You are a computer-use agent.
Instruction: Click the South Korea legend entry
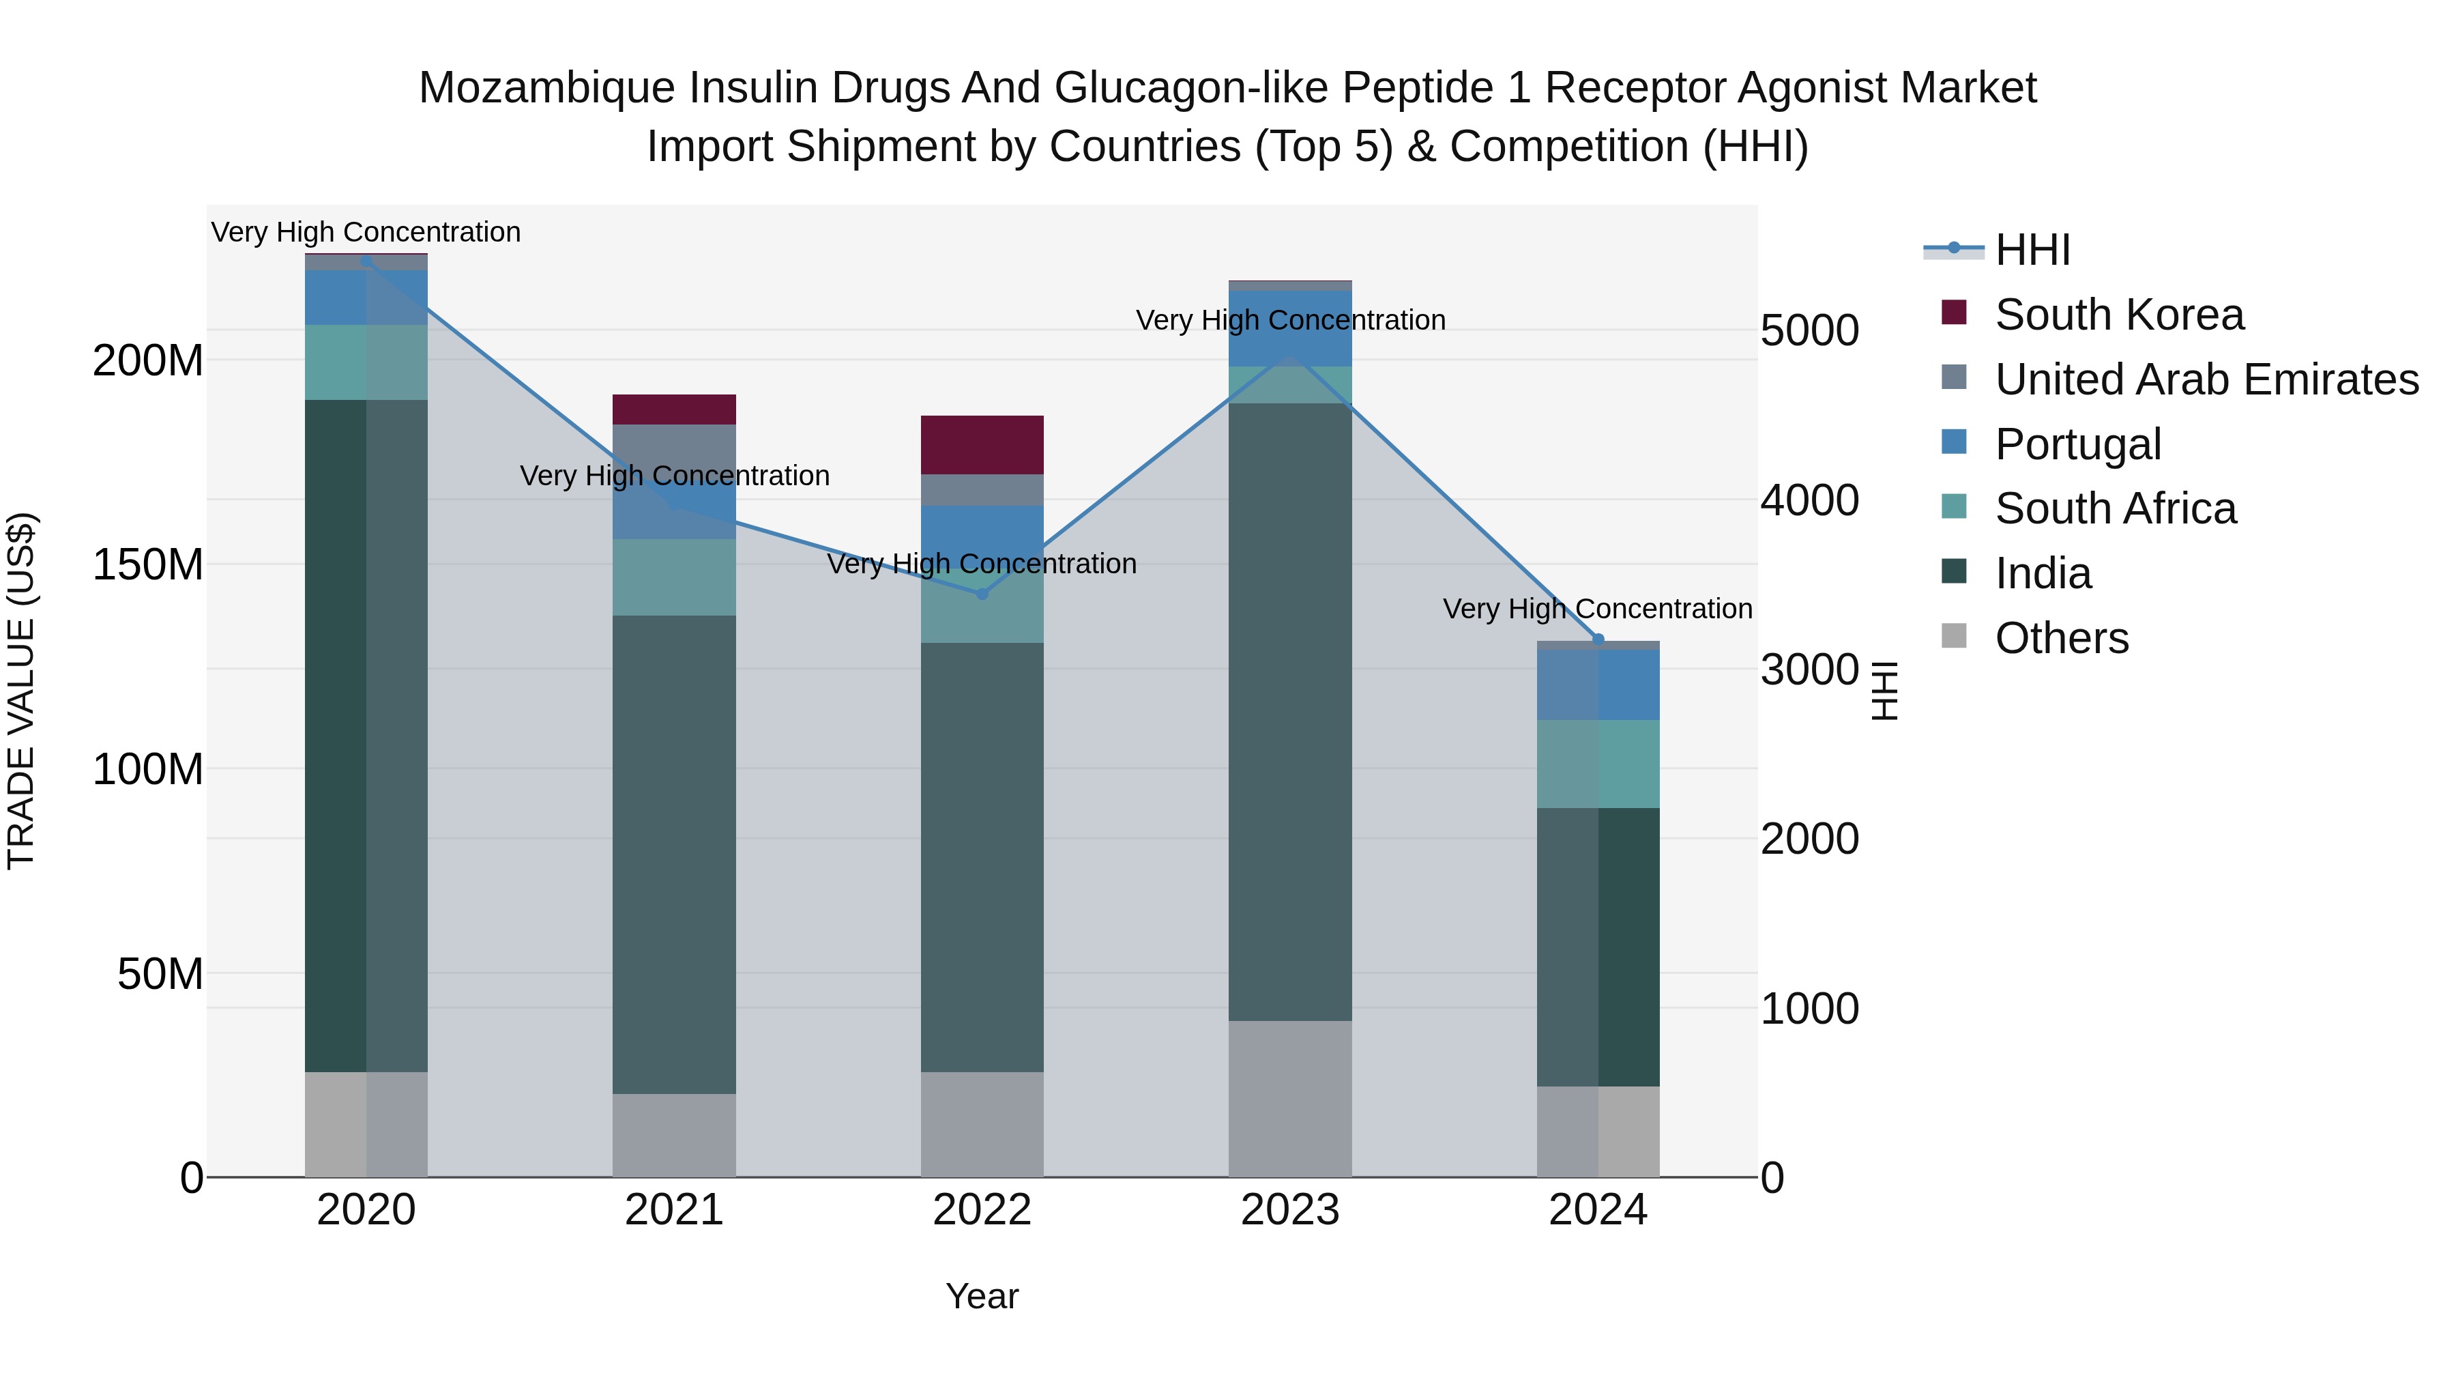click(2118, 315)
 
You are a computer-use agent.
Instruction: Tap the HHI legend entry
click(2032, 250)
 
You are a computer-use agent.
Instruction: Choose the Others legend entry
click(2061, 638)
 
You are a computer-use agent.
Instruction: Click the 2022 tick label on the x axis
click(981, 1210)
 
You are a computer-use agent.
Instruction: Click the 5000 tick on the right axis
click(1809, 331)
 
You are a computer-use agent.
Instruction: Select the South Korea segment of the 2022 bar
click(981, 444)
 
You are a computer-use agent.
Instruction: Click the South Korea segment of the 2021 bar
click(674, 409)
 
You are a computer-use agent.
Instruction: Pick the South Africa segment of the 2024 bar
click(1597, 764)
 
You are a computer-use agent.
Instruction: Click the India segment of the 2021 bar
click(674, 854)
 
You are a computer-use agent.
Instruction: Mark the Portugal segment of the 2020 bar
click(366, 298)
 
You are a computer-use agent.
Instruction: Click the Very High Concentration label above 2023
click(1290, 321)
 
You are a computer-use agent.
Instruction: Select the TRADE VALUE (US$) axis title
click(21, 691)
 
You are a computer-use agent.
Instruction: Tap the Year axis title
click(981, 1296)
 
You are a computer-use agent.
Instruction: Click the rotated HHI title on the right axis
click(1884, 691)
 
